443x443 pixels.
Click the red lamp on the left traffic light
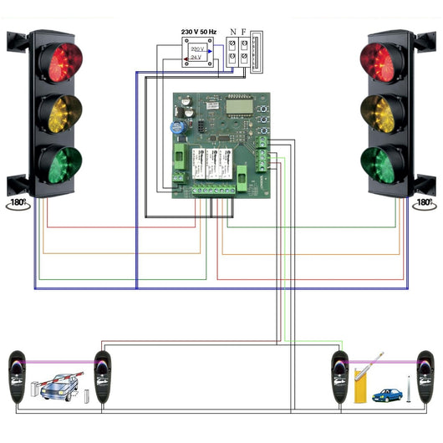[x=64, y=61]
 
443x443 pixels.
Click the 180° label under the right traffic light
[x=424, y=202]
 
